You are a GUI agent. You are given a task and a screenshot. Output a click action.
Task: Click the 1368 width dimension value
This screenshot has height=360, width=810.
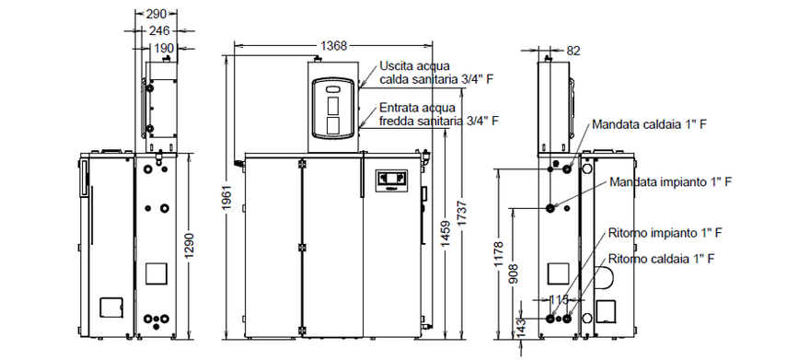[333, 46]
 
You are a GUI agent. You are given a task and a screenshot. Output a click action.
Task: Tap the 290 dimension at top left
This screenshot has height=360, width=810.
[156, 14]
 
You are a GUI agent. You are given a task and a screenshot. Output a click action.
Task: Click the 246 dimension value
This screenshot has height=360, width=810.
[159, 31]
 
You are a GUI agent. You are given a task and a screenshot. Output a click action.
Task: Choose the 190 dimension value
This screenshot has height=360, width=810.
[163, 48]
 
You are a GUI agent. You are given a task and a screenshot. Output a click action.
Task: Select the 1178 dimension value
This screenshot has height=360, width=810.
[500, 253]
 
